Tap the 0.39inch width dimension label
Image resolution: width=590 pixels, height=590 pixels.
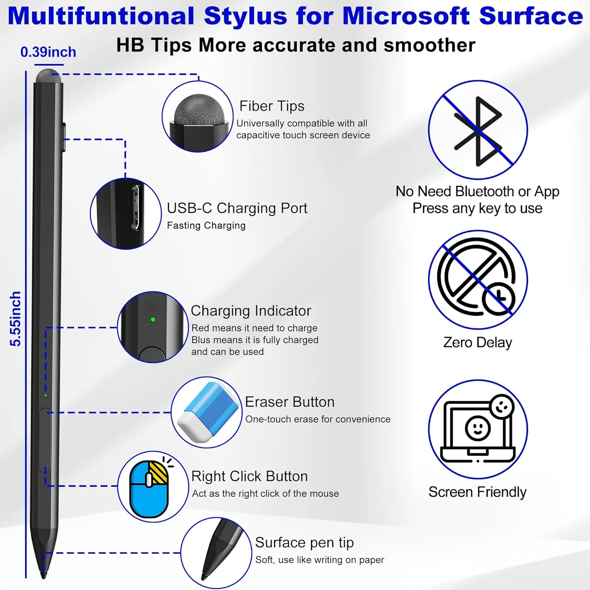[48, 52]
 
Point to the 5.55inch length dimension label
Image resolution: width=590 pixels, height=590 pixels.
[15, 319]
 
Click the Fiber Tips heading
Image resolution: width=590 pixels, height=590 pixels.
[272, 106]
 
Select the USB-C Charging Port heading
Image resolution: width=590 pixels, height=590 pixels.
[237, 208]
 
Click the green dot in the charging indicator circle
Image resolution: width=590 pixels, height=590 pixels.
[153, 319]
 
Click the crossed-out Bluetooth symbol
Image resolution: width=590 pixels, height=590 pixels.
[478, 131]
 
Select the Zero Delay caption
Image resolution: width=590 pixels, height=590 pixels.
[478, 342]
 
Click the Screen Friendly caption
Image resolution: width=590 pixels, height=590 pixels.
[477, 492]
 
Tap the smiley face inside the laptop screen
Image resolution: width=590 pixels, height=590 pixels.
[478, 428]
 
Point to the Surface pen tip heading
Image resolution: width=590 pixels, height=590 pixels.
[304, 542]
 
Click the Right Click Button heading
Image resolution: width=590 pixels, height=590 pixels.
[249, 476]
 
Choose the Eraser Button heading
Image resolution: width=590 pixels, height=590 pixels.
[289, 402]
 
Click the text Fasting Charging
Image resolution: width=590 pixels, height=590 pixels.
[206, 225]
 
